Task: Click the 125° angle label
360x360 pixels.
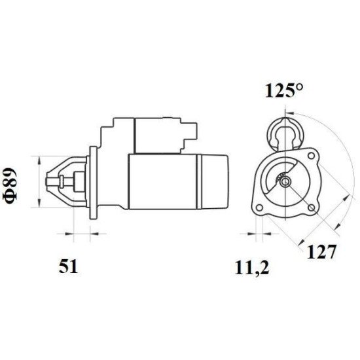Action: pyautogui.click(x=284, y=92)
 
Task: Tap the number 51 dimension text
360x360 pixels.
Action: pyautogui.click(x=69, y=266)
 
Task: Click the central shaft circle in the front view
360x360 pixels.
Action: pyautogui.click(x=285, y=181)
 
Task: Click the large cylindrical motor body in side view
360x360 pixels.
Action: pyautogui.click(x=164, y=181)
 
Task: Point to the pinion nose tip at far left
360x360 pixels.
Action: pyautogui.click(x=52, y=181)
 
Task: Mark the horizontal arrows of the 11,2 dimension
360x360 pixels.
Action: pyautogui.click(x=257, y=232)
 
